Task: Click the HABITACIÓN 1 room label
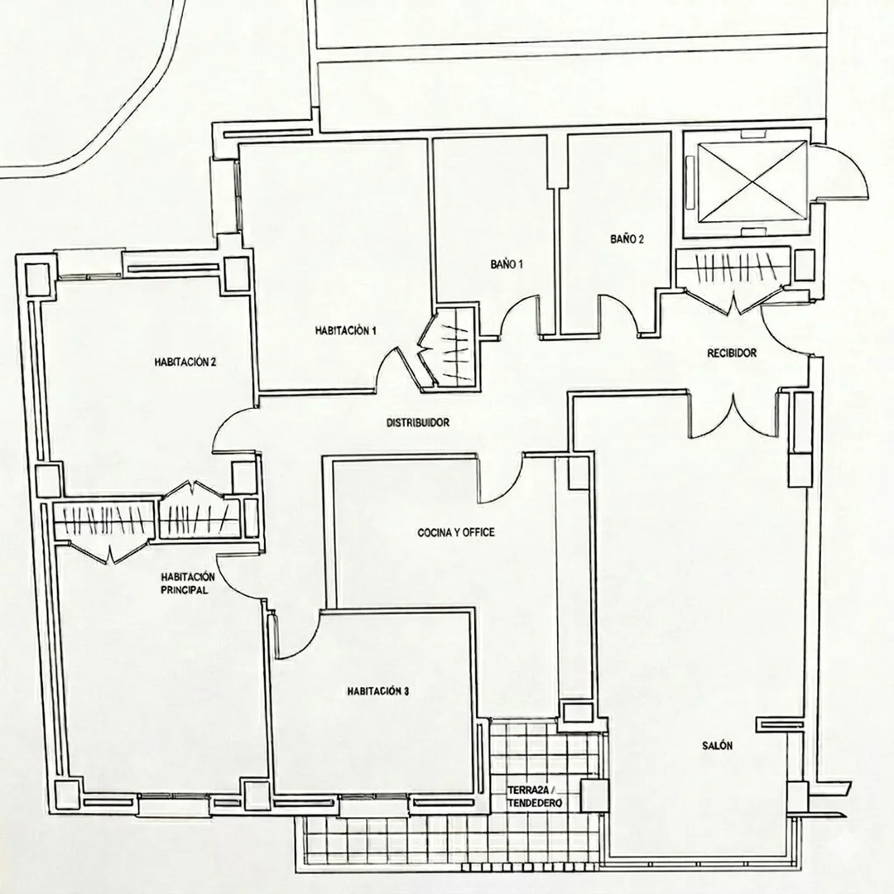[x=345, y=330]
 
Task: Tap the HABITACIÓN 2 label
[x=185, y=362]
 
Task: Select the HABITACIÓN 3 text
[x=378, y=691]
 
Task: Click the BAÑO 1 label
[x=507, y=265]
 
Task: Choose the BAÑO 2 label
[x=627, y=239]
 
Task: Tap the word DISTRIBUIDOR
[x=418, y=423]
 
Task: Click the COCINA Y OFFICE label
[x=456, y=533]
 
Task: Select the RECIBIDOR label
[x=732, y=353]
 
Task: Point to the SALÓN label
[x=717, y=746]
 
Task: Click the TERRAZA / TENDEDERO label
[x=535, y=797]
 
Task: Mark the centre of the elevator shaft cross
[x=752, y=180]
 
